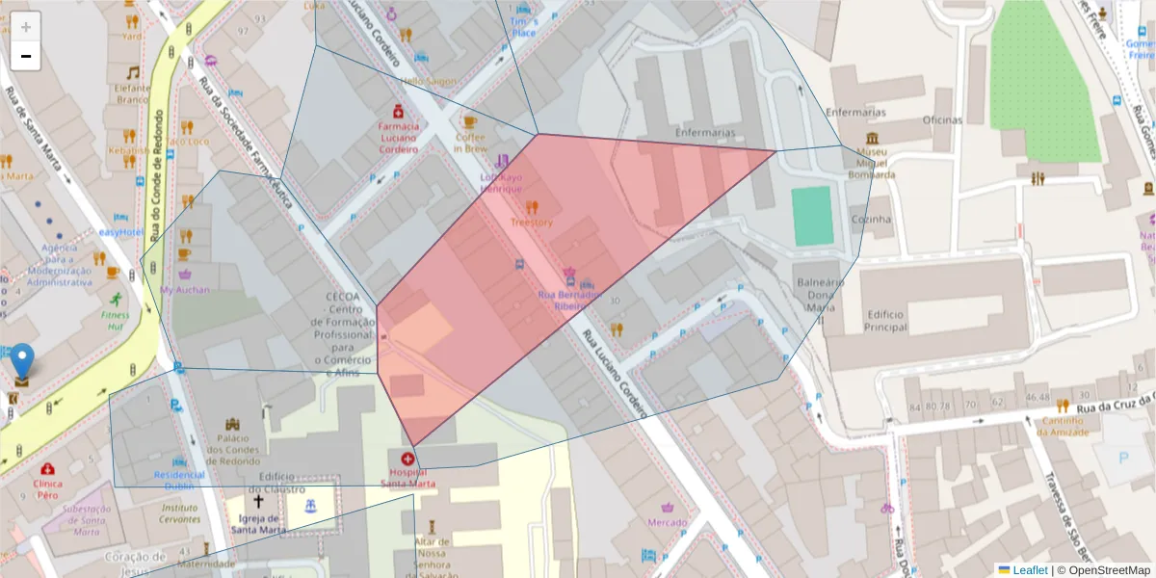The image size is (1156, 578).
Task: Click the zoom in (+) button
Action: click(25, 27)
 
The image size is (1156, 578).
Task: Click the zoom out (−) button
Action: click(25, 57)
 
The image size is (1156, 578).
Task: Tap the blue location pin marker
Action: click(21, 363)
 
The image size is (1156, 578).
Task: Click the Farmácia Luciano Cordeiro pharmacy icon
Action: click(397, 111)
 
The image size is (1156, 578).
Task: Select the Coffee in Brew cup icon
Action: click(470, 122)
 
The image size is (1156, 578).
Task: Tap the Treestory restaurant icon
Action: click(531, 206)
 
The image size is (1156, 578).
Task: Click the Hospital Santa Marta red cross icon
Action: click(407, 460)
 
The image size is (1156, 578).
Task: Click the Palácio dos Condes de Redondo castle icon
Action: click(231, 424)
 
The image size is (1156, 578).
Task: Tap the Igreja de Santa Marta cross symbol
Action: click(258, 502)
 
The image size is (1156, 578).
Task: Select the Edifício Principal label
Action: click(885, 321)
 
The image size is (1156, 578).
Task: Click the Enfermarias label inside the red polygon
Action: click(705, 132)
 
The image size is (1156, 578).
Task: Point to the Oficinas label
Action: click(941, 120)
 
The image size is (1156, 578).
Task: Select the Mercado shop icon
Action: click(668, 507)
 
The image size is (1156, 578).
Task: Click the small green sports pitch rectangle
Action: click(812, 216)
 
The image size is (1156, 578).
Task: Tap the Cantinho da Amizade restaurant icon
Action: click(1063, 406)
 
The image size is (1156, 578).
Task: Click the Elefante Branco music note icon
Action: click(133, 72)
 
